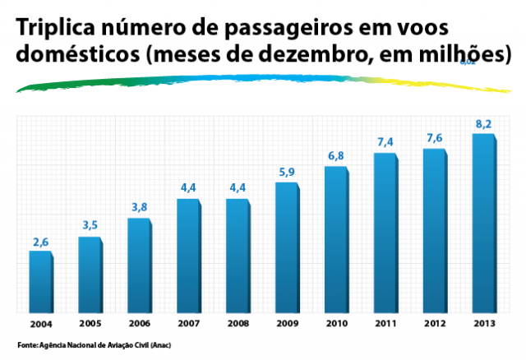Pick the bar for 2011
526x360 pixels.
pyautogui.click(x=385, y=230)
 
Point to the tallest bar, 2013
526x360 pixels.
pyautogui.click(x=483, y=221)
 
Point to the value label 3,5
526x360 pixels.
pyautogui.click(x=90, y=225)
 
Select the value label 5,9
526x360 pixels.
pyautogui.click(x=288, y=173)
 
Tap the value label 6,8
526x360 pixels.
pyautogui.click(x=337, y=156)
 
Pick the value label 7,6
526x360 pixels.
pyautogui.click(x=436, y=138)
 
